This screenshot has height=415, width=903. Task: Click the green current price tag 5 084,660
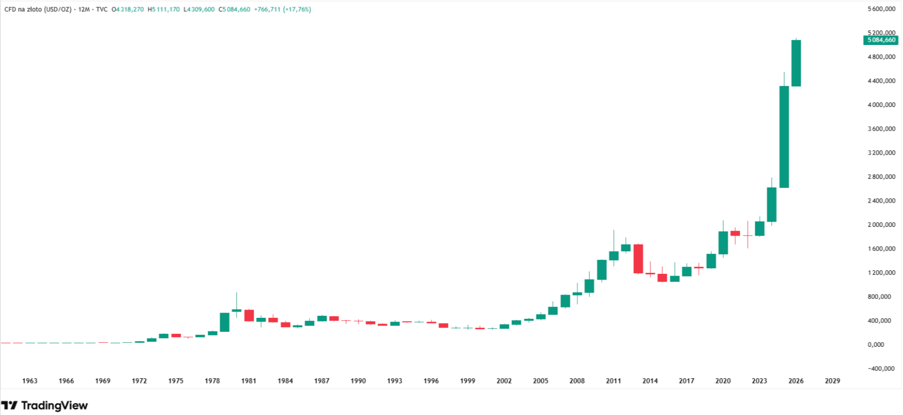880,40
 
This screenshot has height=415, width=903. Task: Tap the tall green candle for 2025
784,136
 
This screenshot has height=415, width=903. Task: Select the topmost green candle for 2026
796,63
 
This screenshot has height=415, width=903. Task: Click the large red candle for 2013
638,258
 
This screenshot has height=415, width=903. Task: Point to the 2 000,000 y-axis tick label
881,225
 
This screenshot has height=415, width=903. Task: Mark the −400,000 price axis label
881,368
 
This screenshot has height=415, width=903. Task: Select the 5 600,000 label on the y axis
881,9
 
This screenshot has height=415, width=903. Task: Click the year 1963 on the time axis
30,381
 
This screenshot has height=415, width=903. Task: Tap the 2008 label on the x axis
577,381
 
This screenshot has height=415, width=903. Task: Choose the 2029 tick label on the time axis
832,381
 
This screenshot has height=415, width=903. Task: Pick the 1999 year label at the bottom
468,381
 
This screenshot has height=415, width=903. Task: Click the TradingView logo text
54,406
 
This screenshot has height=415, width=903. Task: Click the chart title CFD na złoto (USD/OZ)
38,9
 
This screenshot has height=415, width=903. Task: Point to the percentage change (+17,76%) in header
297,9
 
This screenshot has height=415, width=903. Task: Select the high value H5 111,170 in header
164,9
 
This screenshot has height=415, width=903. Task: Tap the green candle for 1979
225,322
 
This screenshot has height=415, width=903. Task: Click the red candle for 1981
249,315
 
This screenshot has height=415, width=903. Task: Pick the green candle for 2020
723,243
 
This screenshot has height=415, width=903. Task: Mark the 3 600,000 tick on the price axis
881,129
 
